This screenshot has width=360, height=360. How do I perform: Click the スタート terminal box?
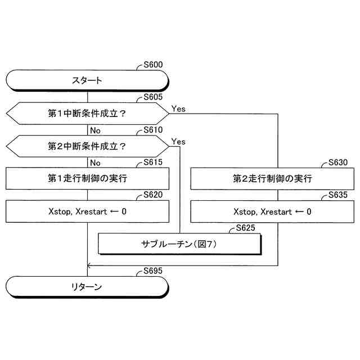(x=87, y=80)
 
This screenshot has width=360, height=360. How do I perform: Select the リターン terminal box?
(x=87, y=287)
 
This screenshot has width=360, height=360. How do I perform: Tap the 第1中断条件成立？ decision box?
(x=87, y=113)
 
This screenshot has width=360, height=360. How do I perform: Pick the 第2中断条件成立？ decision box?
(x=87, y=146)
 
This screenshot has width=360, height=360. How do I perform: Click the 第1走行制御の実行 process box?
(x=87, y=179)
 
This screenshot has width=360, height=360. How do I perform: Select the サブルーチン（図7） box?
(x=179, y=244)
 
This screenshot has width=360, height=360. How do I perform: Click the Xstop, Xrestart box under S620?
(x=87, y=211)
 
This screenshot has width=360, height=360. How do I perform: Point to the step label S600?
(x=153, y=64)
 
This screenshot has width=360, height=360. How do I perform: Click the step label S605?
(x=153, y=97)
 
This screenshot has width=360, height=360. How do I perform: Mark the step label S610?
(x=153, y=130)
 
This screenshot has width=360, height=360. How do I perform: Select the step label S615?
(x=153, y=163)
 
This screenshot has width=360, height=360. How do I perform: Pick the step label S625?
(x=246, y=228)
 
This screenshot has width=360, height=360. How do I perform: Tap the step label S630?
(x=338, y=163)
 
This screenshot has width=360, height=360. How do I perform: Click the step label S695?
(x=153, y=271)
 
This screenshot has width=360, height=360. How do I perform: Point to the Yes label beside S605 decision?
(x=179, y=108)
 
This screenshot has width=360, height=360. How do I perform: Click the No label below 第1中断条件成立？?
(x=95, y=130)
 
